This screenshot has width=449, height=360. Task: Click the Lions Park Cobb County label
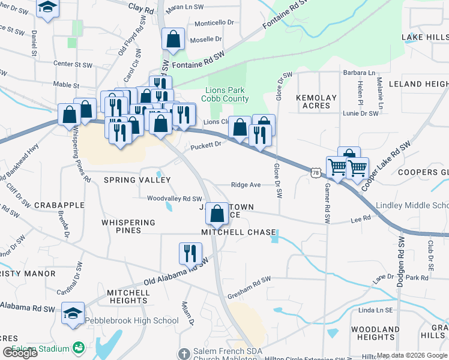tap(227, 94)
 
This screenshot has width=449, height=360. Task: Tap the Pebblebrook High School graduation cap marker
tap(73, 314)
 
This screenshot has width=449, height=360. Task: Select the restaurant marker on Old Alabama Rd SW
tap(190, 253)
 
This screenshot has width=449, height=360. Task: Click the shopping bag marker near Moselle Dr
tap(173, 40)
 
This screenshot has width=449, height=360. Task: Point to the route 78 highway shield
tap(316, 172)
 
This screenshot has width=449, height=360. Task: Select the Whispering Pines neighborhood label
tap(129, 226)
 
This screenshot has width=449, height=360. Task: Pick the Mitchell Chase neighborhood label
tap(239, 232)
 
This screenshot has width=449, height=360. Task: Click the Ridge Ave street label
tap(246, 185)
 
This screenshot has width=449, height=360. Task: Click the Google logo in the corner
tap(20, 353)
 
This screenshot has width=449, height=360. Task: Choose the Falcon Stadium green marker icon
tap(78, 347)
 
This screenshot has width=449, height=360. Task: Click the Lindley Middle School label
tap(412, 206)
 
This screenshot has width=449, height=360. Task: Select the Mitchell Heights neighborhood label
tap(128, 296)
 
